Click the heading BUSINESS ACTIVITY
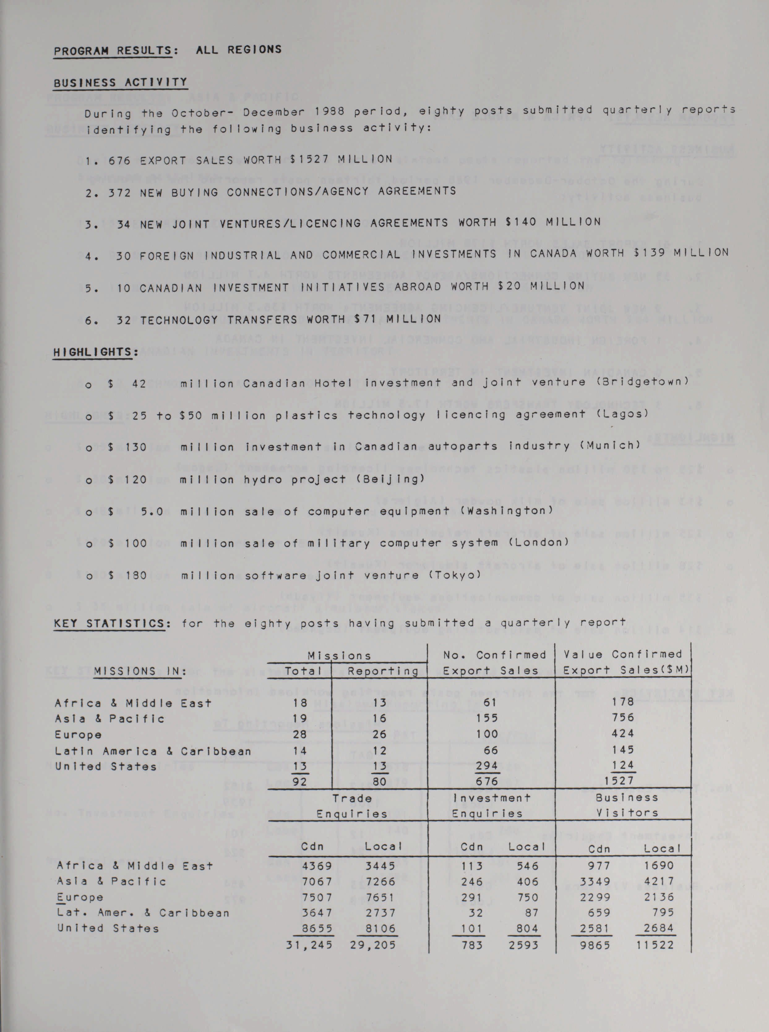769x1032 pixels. (120, 83)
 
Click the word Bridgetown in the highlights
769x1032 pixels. (643, 382)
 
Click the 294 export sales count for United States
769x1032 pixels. (487, 766)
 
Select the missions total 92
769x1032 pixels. (299, 781)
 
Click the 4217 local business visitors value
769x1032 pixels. (659, 881)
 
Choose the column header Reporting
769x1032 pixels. (383, 671)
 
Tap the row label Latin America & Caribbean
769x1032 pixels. (153, 751)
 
